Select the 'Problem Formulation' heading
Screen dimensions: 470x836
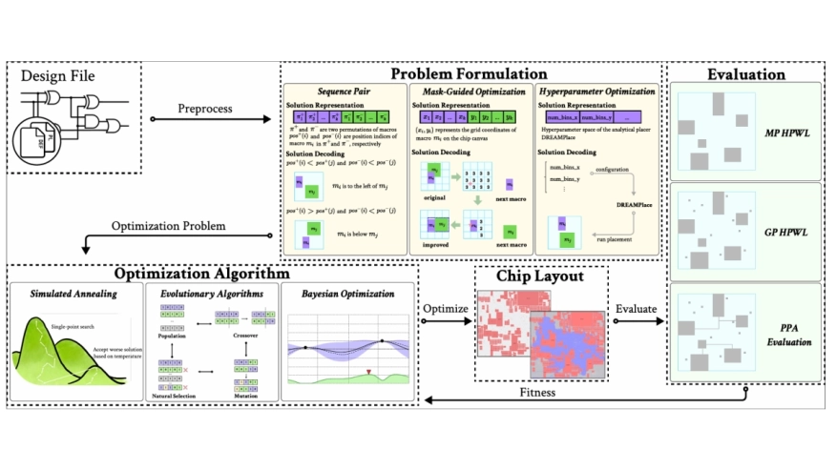pyautogui.click(x=470, y=73)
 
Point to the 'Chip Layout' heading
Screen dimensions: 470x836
pyautogui.click(x=541, y=276)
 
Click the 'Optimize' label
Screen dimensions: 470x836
pyautogui.click(x=445, y=310)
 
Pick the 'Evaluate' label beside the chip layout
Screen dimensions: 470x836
pyautogui.click(x=637, y=310)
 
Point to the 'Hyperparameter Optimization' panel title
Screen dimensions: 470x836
pyautogui.click(x=597, y=92)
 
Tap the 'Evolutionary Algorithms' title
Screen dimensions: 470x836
pyautogui.click(x=212, y=294)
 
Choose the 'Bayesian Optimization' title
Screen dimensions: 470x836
pyautogui.click(x=347, y=294)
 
